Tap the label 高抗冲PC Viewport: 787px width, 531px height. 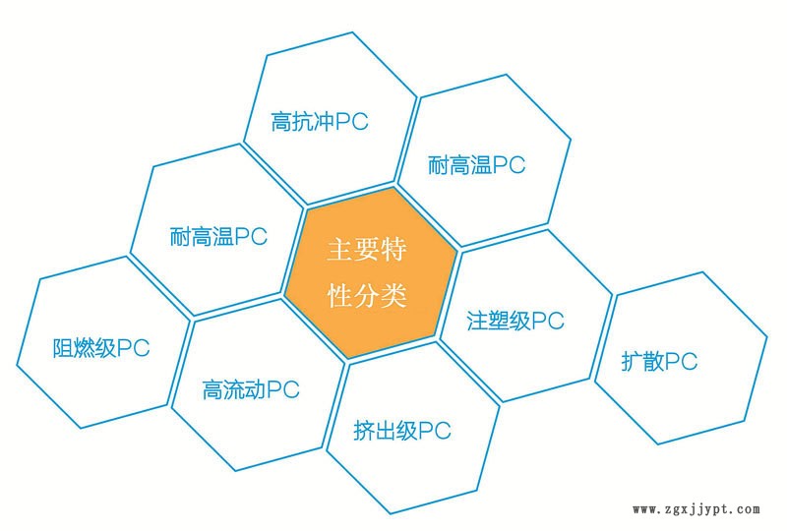(x=319, y=123)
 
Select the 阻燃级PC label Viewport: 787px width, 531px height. (x=100, y=349)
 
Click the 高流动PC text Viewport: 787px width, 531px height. (x=250, y=389)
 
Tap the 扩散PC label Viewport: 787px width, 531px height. (x=659, y=361)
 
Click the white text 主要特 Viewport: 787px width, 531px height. (x=367, y=249)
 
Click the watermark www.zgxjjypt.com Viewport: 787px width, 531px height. (x=696, y=509)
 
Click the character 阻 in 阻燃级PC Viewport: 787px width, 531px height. (x=62, y=349)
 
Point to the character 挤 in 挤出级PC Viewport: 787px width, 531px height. (x=363, y=430)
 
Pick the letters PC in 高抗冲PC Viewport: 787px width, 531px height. (x=351, y=123)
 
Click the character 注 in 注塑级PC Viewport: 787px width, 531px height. (x=476, y=321)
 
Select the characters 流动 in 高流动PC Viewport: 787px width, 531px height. (x=244, y=389)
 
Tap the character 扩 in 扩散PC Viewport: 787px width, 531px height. (x=632, y=361)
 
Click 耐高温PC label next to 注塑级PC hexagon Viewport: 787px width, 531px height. (x=477, y=164)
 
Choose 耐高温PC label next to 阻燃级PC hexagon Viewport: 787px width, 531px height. (x=218, y=237)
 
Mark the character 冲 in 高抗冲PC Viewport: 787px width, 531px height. (x=324, y=123)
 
